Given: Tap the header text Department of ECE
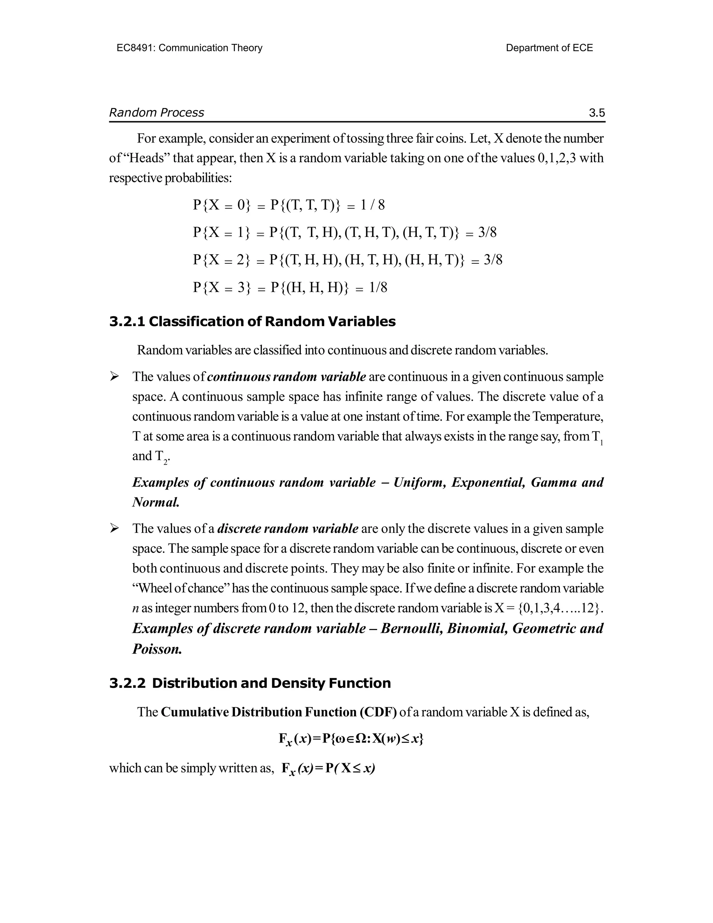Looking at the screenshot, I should (x=549, y=48).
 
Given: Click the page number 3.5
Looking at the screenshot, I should (x=597, y=113).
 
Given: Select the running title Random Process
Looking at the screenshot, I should (x=157, y=113).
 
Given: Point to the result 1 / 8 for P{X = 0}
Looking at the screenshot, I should (x=372, y=205).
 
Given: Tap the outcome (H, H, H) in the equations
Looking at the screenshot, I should (x=314, y=288).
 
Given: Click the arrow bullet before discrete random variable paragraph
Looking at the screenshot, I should (x=114, y=528).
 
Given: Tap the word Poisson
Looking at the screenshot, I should (x=157, y=649).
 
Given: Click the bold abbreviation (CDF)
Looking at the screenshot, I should (x=378, y=712).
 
